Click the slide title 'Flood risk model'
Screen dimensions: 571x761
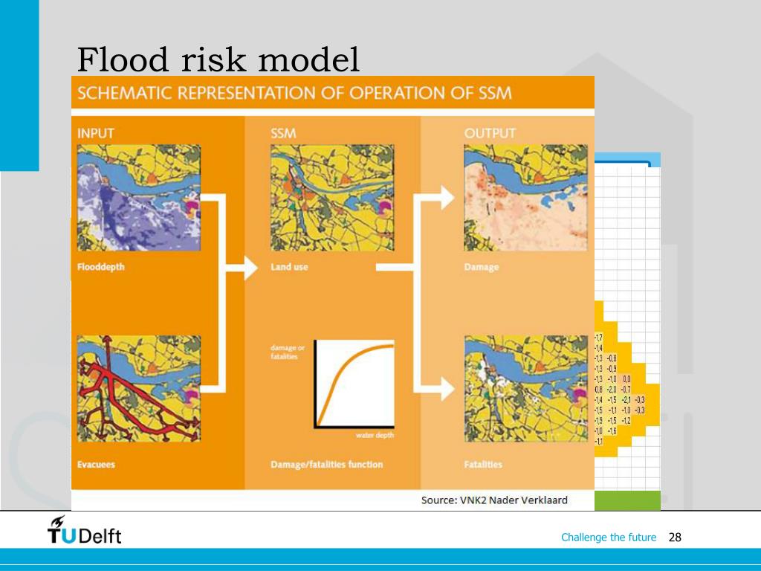coord(218,59)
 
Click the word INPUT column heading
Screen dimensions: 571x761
coord(97,133)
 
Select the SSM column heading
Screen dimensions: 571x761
coord(284,133)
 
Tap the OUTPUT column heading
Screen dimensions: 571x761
coord(490,133)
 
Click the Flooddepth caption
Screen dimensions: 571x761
coord(101,267)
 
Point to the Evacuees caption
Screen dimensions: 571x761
coord(96,465)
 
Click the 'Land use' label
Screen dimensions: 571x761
coord(289,267)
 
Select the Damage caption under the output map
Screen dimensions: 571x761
coord(482,267)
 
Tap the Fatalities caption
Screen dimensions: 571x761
coord(483,465)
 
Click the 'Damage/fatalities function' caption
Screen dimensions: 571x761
coord(326,465)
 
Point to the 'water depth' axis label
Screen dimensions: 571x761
coord(375,435)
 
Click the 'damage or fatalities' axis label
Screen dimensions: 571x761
coord(288,352)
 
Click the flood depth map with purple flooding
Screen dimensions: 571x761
coord(138,198)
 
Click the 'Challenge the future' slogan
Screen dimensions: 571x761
coord(609,538)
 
